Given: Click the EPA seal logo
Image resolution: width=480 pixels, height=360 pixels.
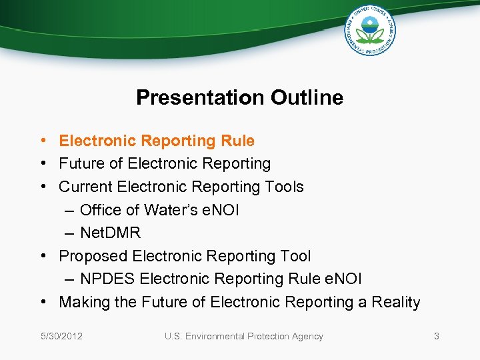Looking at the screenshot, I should coord(369,31).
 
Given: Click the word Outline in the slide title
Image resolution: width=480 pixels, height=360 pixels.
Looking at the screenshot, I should coord(307,98).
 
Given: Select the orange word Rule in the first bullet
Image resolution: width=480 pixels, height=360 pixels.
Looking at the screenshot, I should coord(239,141).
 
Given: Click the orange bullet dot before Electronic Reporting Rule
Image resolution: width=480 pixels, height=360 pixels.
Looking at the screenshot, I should coord(41,141).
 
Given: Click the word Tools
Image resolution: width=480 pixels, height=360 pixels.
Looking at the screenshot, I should coord(283,187).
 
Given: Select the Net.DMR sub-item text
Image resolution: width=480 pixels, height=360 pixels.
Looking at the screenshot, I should coord(110,233).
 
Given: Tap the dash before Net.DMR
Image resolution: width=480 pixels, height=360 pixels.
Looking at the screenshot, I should coord(70,233).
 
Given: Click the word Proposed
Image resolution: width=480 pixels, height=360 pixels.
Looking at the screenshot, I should coord(93,256).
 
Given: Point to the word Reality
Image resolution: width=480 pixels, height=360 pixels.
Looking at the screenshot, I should coord(395,302).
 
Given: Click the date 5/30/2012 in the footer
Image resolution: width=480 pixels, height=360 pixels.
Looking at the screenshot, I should coord(60,336).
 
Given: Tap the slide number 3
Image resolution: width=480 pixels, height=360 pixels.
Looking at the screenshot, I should coord(437,336).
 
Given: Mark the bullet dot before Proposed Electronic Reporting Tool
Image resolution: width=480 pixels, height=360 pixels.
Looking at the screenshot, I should coord(41,256).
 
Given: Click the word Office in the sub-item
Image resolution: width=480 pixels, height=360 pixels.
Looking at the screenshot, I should coord(101,210).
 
